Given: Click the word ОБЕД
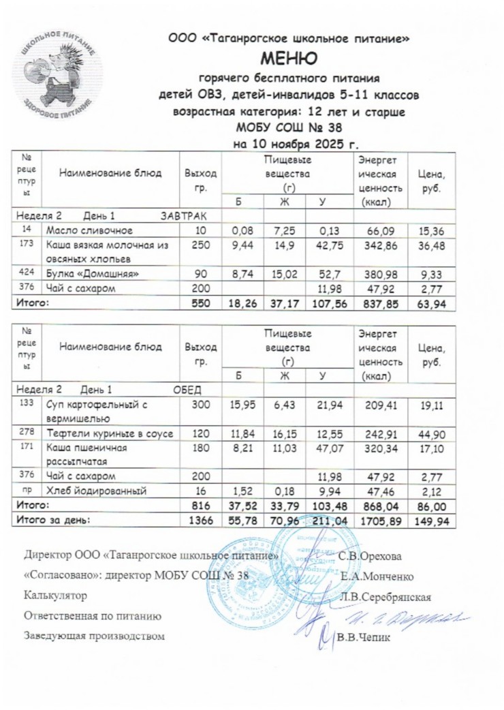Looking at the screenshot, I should pyautogui.click(x=188, y=390).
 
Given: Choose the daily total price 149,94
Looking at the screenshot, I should pyautogui.click(x=427, y=520).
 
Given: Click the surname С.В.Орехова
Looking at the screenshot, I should pyautogui.click(x=371, y=555).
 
